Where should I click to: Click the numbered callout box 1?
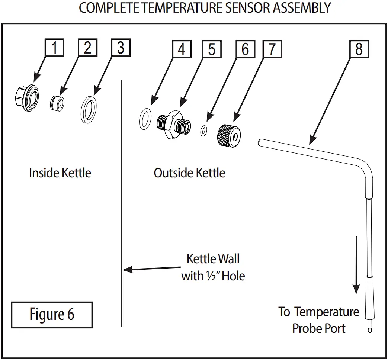tap(55, 48)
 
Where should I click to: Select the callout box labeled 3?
tap(121, 48)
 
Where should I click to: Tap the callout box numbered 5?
tap(212, 49)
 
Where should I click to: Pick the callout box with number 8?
tap(359, 49)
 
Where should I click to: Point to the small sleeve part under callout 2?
tap(57, 103)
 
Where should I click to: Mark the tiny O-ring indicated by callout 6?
tap(203, 131)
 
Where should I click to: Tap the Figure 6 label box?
tap(52, 315)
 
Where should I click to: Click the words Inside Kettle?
tap(60, 173)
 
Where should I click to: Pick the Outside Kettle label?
tap(189, 173)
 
